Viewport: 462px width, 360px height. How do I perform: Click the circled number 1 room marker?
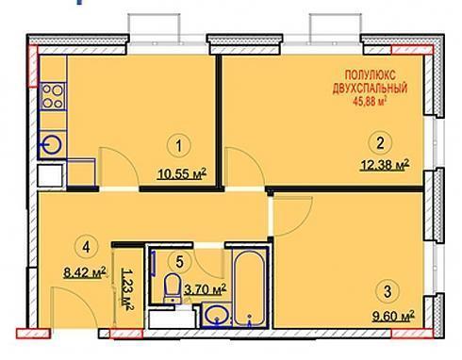(x=179, y=146)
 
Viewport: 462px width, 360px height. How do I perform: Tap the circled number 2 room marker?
(x=380, y=143)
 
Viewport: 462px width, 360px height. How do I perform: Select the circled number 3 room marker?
(x=388, y=291)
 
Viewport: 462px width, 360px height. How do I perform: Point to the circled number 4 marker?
(x=86, y=247)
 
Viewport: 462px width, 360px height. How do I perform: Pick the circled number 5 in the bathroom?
(x=179, y=262)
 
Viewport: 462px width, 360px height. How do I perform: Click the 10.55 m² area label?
(x=182, y=173)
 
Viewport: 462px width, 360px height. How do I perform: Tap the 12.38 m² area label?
(x=385, y=165)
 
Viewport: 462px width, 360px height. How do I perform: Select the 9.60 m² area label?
(x=393, y=315)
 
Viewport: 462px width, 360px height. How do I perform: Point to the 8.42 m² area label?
(x=85, y=272)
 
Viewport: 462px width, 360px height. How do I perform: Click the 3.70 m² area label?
(x=206, y=289)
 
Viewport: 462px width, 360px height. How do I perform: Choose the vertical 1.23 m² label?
(x=126, y=289)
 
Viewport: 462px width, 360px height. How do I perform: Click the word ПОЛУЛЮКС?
(x=371, y=75)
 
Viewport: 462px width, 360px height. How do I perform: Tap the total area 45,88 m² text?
(x=371, y=101)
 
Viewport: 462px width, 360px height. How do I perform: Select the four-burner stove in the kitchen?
(x=53, y=96)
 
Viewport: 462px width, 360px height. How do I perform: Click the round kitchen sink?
(x=52, y=145)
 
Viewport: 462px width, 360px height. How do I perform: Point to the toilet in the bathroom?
(x=173, y=288)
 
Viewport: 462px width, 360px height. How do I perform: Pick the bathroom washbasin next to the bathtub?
(x=217, y=315)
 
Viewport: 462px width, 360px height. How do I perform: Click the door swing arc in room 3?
(x=300, y=221)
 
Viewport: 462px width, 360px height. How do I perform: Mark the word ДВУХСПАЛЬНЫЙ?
(x=371, y=89)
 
